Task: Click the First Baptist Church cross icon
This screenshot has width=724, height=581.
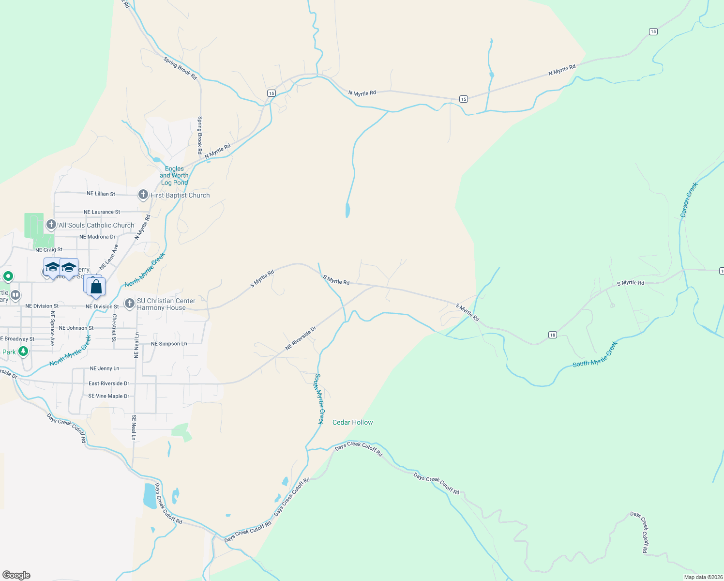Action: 143,195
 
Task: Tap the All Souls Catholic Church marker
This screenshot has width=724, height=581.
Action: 51,225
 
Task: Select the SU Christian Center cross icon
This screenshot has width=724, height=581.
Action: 129,304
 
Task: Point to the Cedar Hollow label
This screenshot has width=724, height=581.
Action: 352,422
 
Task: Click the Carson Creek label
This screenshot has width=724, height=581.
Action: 689,199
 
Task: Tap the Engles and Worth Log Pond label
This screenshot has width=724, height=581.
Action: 174,176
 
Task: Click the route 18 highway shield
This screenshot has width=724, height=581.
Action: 552,335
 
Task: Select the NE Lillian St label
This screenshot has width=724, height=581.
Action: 101,194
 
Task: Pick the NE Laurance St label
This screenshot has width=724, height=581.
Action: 102,212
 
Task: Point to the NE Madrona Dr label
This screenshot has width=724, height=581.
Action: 97,237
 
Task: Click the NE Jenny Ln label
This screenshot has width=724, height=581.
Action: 105,368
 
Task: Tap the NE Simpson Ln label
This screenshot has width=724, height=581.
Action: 169,344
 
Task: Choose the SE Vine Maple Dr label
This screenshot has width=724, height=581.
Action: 109,396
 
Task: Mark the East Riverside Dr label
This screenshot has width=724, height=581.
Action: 109,383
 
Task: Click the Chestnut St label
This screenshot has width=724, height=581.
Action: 114,328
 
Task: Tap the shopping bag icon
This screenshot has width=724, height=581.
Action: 96,287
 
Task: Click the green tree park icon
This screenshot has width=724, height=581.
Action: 23,351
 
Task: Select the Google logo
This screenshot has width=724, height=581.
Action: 16,575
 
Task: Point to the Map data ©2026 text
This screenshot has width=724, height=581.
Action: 703,577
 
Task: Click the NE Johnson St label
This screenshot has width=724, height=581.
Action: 76,328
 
